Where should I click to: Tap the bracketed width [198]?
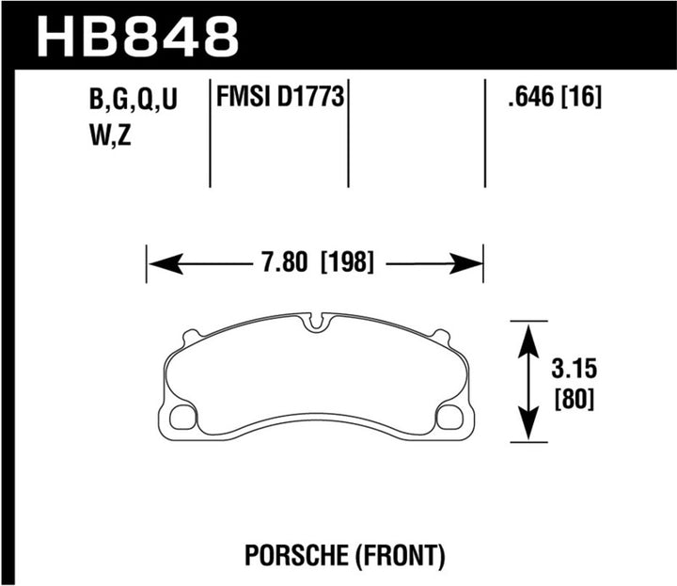tap(348, 264)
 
